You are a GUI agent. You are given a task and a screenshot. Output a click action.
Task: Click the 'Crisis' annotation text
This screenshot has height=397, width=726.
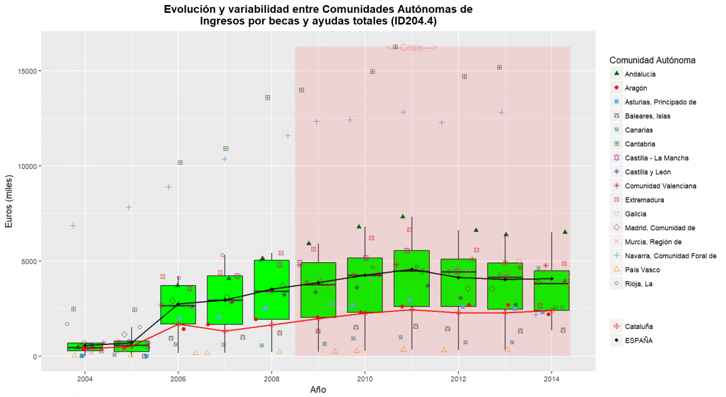pos(411,48)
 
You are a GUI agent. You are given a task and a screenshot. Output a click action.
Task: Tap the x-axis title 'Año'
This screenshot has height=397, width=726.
pos(318,390)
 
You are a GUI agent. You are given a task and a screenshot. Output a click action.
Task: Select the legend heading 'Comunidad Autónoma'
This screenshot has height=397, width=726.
pos(652,60)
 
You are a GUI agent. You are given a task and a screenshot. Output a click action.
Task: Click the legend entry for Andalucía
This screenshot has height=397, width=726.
pos(640,74)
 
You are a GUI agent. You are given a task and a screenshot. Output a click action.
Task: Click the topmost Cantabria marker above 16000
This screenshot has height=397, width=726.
pos(395,47)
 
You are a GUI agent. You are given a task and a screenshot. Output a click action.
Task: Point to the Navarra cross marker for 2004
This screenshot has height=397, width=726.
pos(73,225)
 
